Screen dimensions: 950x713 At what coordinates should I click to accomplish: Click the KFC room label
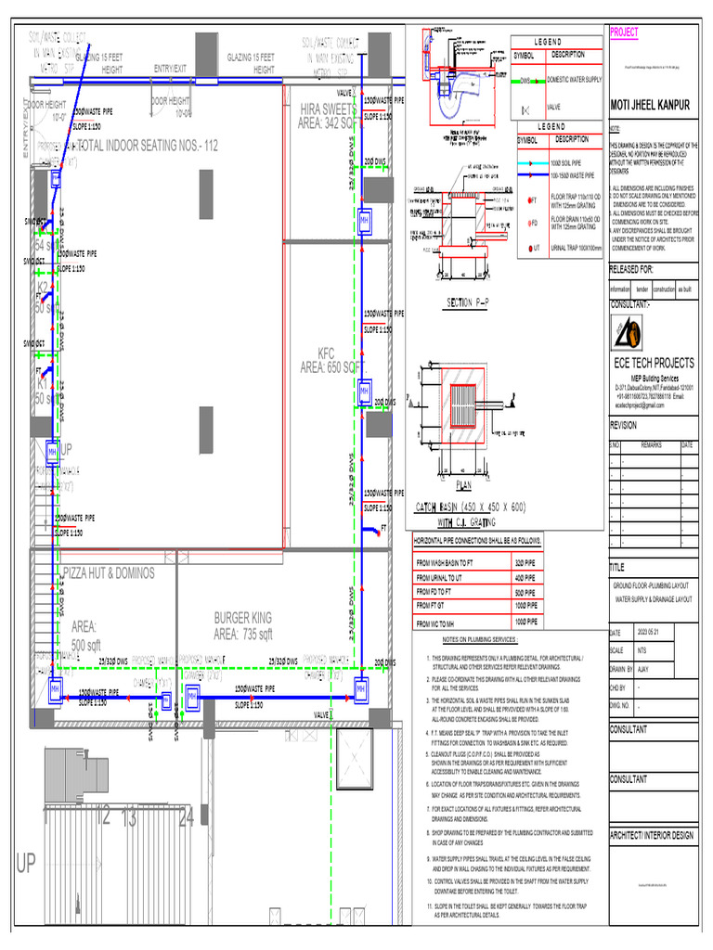(326, 353)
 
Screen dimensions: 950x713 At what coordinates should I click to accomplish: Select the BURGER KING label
(242, 618)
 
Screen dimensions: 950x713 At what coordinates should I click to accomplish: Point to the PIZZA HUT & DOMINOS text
(109, 574)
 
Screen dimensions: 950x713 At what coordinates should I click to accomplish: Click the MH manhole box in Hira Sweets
(365, 219)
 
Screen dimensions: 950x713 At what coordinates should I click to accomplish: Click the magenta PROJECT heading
(624, 32)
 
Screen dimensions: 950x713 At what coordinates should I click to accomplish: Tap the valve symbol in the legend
(526, 109)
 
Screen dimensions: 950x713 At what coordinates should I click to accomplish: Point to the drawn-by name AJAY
(643, 668)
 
